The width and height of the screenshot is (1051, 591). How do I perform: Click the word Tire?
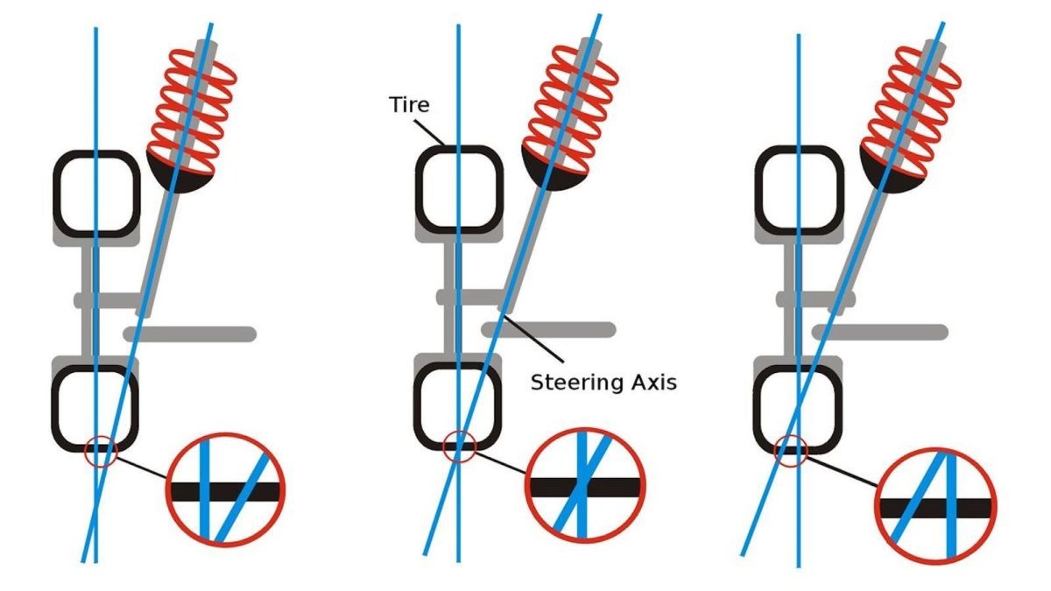(x=409, y=104)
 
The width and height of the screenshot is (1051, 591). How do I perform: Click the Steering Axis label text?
(x=603, y=383)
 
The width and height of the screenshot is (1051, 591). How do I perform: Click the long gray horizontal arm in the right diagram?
(x=880, y=332)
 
